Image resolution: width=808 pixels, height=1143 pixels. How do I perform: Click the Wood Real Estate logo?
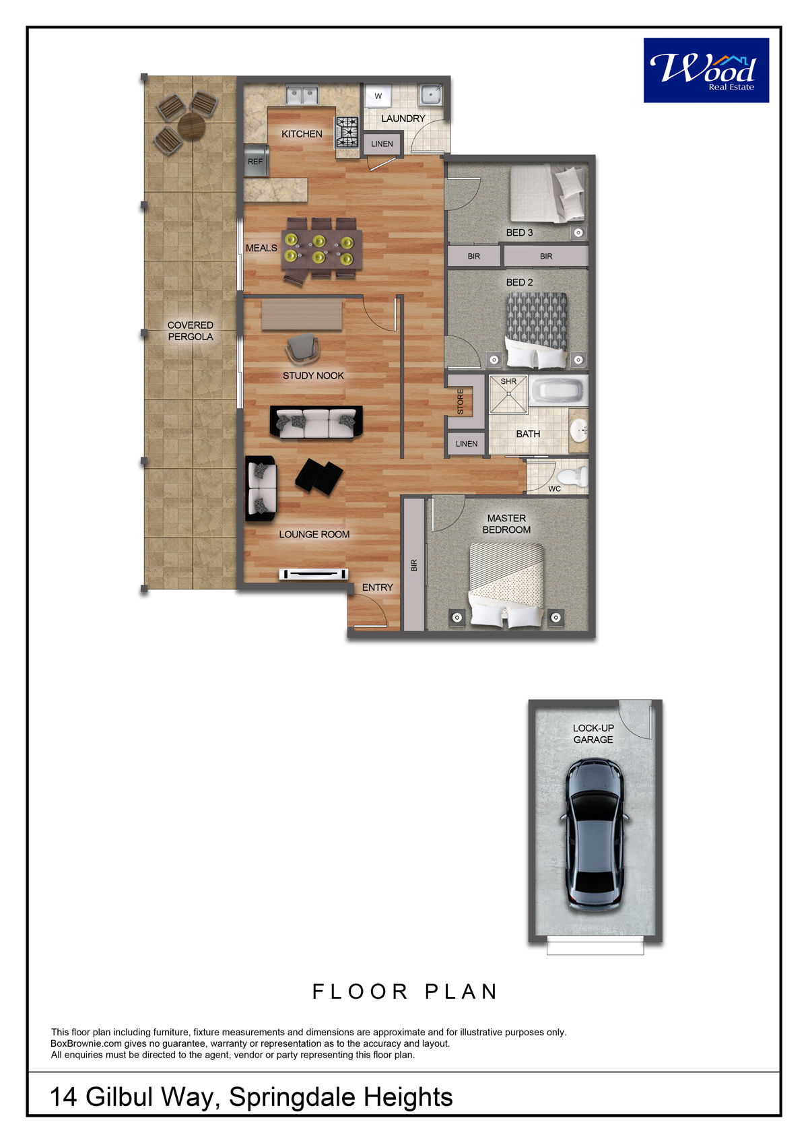click(x=706, y=71)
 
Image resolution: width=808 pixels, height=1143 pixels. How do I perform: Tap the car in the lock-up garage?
click(x=595, y=837)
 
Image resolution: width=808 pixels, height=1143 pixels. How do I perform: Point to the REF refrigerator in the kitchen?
click(x=256, y=161)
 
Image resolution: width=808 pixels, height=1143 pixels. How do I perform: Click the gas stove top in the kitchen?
click(x=347, y=132)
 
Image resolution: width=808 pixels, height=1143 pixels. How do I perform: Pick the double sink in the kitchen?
click(x=302, y=95)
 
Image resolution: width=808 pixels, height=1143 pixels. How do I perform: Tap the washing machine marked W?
click(x=378, y=96)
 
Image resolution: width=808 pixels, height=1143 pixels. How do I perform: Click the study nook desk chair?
click(x=303, y=348)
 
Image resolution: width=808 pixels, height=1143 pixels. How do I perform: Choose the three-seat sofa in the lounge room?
click(x=316, y=422)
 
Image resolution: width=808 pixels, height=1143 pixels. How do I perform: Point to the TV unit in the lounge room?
click(x=314, y=574)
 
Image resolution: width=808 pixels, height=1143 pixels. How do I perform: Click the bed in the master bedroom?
click(x=506, y=585)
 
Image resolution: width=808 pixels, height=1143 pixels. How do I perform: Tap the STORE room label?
click(x=460, y=401)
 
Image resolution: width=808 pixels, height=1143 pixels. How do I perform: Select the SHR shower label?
click(x=508, y=381)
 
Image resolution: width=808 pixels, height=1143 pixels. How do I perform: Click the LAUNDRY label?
click(x=403, y=119)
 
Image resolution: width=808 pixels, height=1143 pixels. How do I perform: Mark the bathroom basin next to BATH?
click(x=578, y=430)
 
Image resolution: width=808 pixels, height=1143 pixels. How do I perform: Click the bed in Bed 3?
click(x=547, y=194)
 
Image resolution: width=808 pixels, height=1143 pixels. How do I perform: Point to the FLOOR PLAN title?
click(x=405, y=992)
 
